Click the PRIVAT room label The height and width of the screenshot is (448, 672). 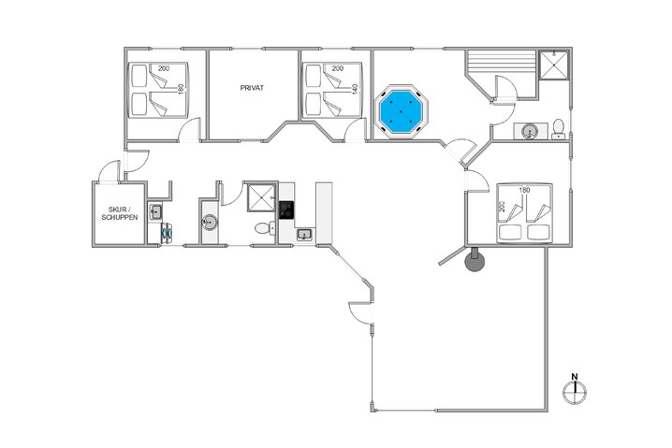[x=252, y=88]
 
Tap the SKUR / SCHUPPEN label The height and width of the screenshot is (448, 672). [x=120, y=213]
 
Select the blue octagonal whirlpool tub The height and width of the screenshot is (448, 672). [x=402, y=111]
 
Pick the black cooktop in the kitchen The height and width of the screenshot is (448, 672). [x=286, y=210]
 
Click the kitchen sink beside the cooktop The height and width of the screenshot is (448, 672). [x=304, y=234]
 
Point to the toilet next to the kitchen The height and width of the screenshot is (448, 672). [x=265, y=227]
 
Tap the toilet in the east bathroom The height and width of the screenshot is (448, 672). [x=558, y=129]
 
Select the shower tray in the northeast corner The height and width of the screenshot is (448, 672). [x=554, y=65]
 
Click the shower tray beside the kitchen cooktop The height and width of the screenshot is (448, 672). [x=261, y=197]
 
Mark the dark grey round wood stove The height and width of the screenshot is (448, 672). [x=475, y=260]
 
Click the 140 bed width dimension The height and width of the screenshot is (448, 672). [x=355, y=89]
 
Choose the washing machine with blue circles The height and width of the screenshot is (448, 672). [x=167, y=233]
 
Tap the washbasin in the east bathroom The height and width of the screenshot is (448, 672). [x=530, y=131]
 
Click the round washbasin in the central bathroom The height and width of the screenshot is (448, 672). [x=210, y=223]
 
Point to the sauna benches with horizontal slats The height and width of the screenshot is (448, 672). [x=502, y=64]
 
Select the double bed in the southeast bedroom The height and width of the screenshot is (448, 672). [x=524, y=214]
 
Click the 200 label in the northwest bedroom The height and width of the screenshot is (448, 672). [x=164, y=68]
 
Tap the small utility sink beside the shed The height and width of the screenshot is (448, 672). [x=155, y=211]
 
